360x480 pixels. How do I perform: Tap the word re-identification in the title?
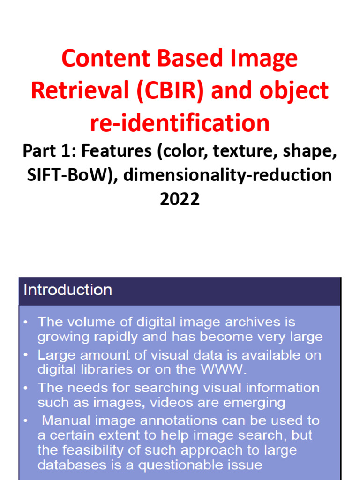pyautogui.click(x=180, y=123)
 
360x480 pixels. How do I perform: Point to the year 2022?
pyautogui.click(x=180, y=199)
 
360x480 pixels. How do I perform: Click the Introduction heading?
pyautogui.click(x=68, y=290)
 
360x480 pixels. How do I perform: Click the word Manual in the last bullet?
pyautogui.click(x=68, y=420)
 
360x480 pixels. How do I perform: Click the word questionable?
pyautogui.click(x=181, y=465)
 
